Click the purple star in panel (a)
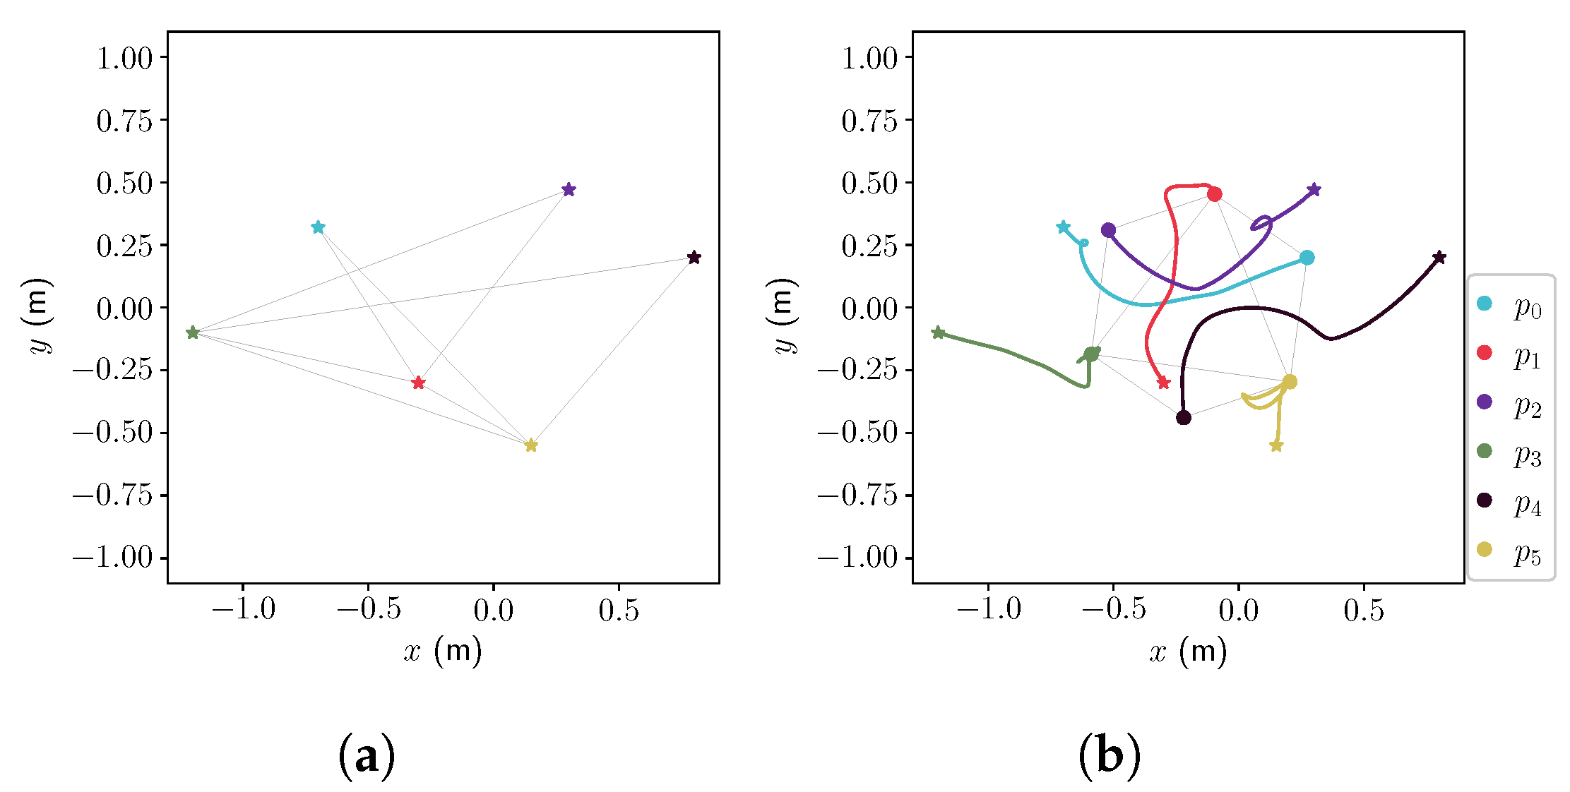[569, 189]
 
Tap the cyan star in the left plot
[318, 227]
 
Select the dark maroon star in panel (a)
[694, 258]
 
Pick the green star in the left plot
[192, 332]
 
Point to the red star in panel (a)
[418, 383]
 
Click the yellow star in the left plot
[531, 445]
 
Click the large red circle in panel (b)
[1214, 194]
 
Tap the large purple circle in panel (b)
[1108, 229]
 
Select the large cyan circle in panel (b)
[1307, 258]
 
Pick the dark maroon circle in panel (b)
[1184, 418]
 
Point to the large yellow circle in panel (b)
[1290, 382]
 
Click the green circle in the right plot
[1091, 354]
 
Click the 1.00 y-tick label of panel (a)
[124, 58]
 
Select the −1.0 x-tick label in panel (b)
[988, 608]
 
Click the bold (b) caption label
[1110, 756]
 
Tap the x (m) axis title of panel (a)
[443, 651]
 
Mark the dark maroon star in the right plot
[1439, 258]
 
